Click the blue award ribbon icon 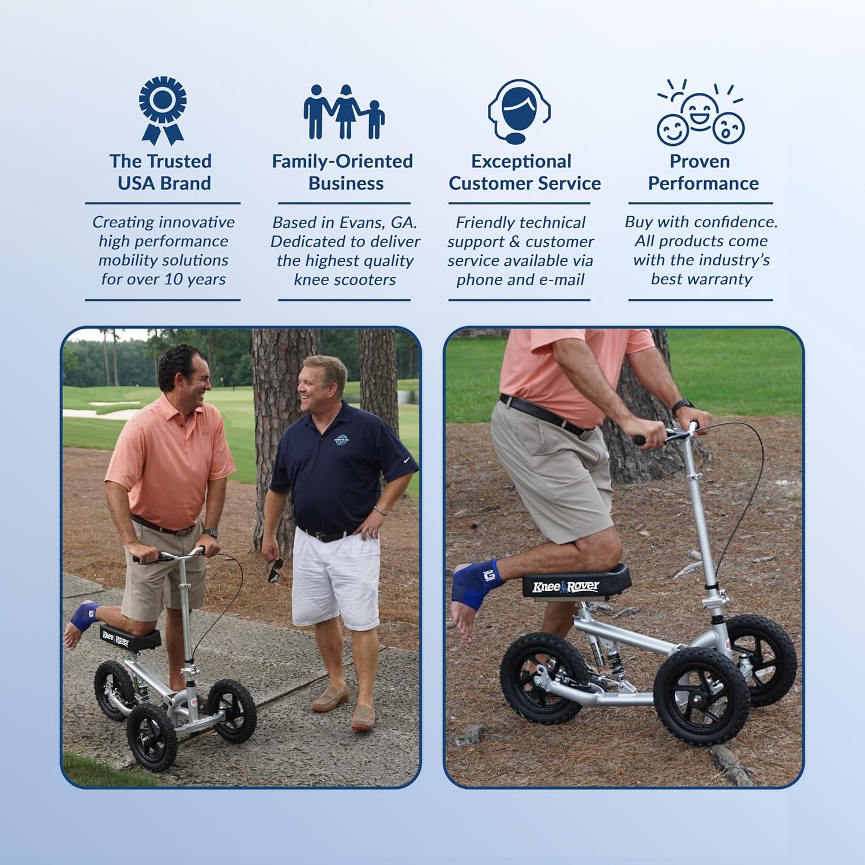pos(163,110)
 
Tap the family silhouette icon pos(344,112)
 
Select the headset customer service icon pos(519,111)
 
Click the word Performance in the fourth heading pos(703,183)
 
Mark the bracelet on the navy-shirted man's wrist pos(379,510)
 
